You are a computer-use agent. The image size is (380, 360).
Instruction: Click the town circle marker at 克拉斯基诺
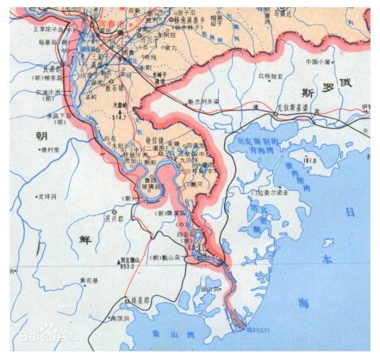tap(275, 113)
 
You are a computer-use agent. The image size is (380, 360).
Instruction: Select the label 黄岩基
tap(90, 281)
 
